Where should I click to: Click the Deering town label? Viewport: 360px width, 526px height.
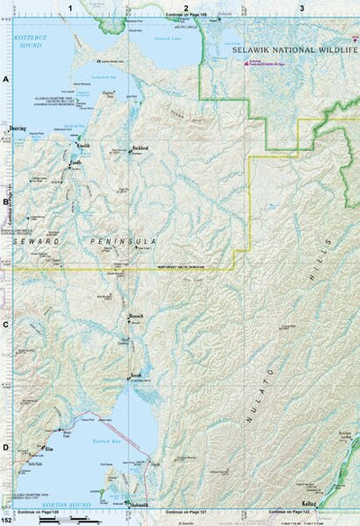(x=18, y=129)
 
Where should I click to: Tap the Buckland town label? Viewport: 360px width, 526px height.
(x=139, y=147)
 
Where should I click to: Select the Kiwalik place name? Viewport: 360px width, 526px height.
(x=83, y=144)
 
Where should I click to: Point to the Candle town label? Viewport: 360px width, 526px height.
(x=77, y=161)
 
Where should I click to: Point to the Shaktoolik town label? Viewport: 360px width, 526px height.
(x=138, y=505)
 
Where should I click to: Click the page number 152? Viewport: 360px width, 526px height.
(x=7, y=520)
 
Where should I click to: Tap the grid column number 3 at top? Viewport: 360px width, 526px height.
(x=301, y=7)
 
